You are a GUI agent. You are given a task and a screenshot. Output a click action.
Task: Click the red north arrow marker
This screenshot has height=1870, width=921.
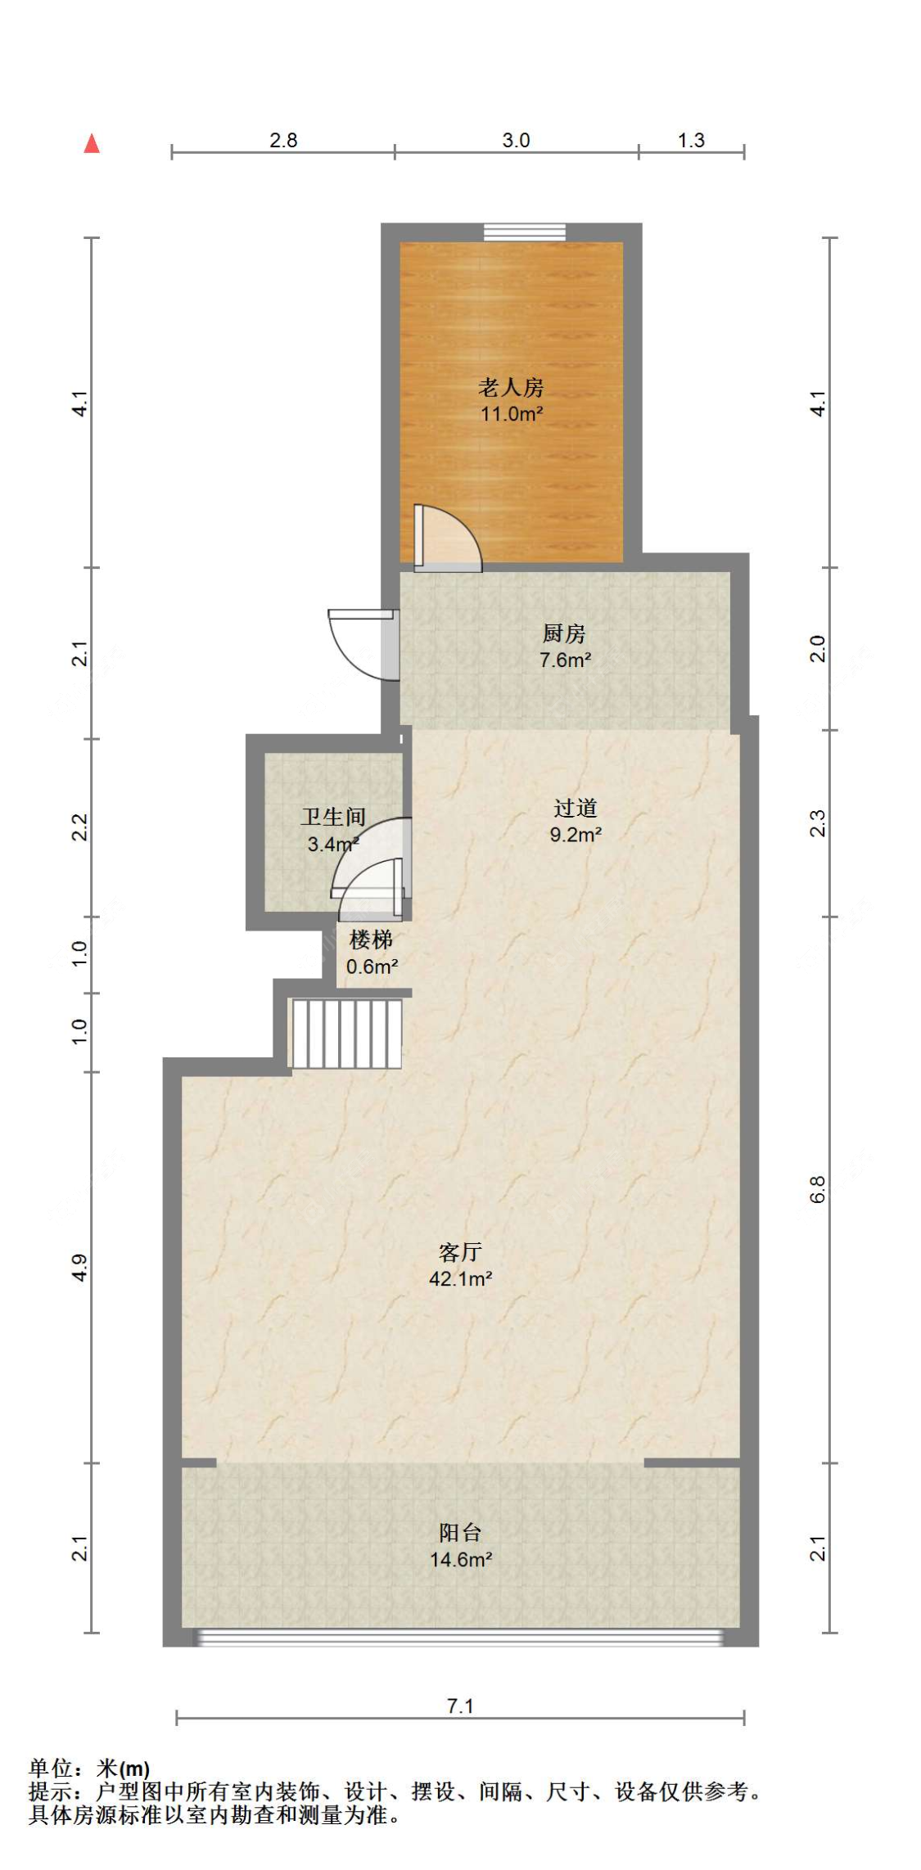point(92,143)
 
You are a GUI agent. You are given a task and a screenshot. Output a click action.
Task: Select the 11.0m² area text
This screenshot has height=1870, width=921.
point(511,414)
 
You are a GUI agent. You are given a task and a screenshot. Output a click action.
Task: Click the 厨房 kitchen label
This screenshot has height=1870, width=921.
point(564,633)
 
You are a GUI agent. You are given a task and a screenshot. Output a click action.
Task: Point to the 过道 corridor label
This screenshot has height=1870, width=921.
point(576,808)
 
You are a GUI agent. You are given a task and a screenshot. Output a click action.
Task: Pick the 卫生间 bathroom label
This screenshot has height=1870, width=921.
point(333,816)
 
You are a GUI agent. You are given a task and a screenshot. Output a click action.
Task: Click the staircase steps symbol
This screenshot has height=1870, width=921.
point(347,1034)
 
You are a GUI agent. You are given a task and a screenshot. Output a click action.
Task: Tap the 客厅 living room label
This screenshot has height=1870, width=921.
point(460,1251)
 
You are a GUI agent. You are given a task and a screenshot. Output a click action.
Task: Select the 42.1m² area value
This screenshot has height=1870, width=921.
point(460,1278)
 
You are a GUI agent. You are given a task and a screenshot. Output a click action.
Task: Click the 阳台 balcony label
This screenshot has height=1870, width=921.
point(460,1532)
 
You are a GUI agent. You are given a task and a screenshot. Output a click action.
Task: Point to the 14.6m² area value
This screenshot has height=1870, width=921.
point(460,1559)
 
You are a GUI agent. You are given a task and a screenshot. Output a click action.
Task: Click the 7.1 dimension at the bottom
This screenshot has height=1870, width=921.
point(460,1706)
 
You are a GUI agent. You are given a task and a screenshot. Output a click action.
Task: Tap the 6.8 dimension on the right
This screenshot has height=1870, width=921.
point(818,1189)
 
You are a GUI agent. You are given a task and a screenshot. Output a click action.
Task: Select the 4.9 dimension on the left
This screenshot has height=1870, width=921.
point(79,1268)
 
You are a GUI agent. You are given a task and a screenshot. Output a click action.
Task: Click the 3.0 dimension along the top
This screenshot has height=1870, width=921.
point(516,140)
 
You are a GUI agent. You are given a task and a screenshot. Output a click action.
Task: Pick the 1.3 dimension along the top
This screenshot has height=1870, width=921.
point(691,140)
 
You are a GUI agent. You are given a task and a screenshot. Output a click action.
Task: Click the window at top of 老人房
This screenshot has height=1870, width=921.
point(524,232)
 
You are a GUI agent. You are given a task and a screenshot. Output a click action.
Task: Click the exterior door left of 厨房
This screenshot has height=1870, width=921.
point(363,644)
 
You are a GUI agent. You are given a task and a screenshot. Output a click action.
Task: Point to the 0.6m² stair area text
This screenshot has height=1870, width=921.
point(372,967)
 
